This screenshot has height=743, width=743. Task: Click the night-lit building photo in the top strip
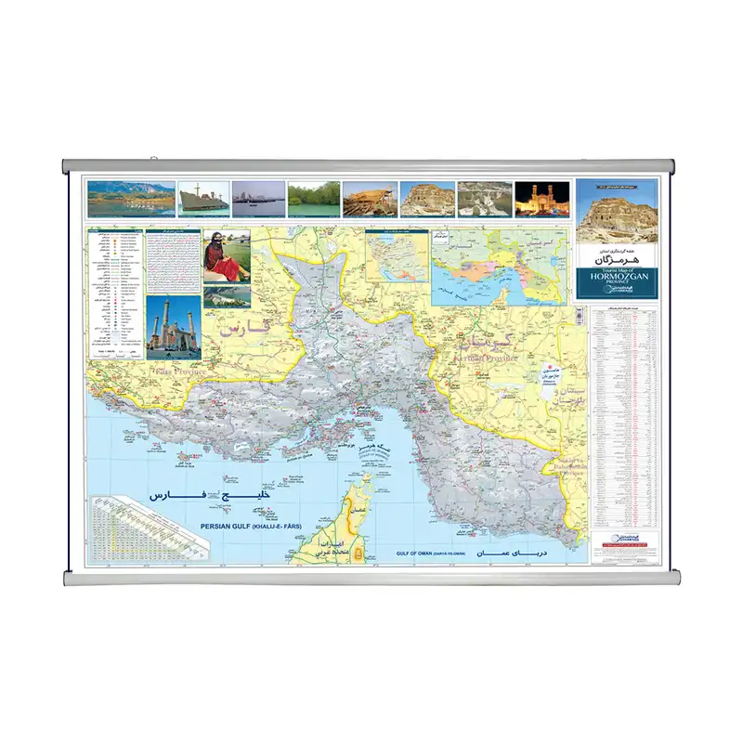[541, 198]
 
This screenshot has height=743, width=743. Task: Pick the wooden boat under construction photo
[370, 198]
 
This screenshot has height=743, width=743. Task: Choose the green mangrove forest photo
[313, 198]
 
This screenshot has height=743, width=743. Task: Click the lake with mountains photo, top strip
[129, 198]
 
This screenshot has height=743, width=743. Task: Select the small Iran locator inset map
[397, 252]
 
